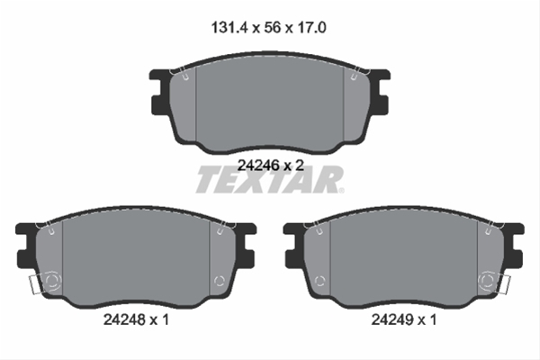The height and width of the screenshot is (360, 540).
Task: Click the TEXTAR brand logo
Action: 269,180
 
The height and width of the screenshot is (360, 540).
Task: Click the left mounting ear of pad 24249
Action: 292,248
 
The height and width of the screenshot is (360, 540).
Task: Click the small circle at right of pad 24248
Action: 219,281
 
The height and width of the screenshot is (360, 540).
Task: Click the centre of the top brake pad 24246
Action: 270,103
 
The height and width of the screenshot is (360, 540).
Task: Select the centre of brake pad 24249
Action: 405,256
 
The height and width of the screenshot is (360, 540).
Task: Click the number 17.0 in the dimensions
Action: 310,28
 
